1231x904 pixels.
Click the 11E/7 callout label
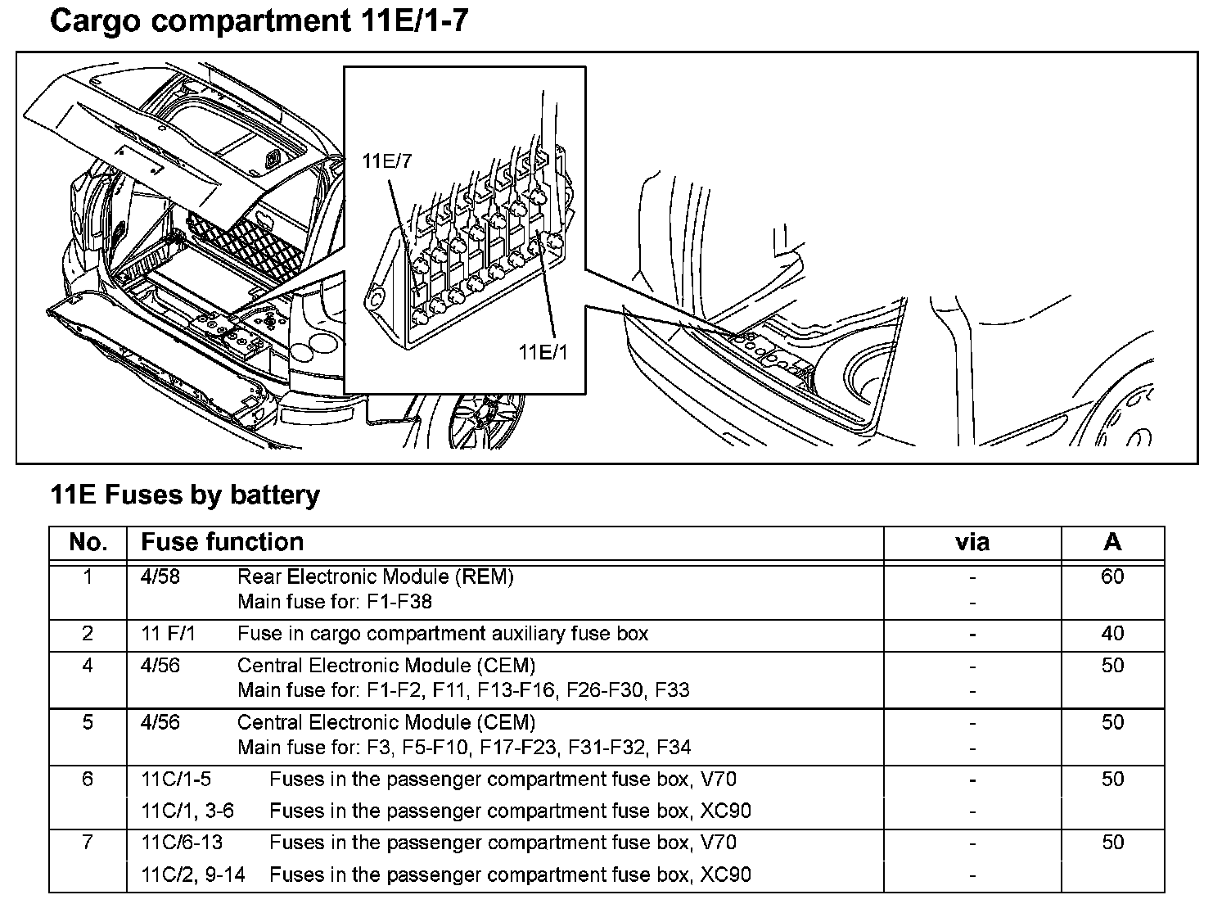point(387,161)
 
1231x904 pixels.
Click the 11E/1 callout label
point(542,352)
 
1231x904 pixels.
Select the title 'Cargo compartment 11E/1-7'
point(259,22)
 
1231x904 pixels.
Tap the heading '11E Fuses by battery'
point(185,495)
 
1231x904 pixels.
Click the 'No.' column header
point(88,542)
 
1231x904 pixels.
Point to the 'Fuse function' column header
point(222,542)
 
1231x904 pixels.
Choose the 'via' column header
point(972,542)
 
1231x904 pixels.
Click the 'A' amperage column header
point(1112,542)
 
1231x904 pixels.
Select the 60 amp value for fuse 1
point(1112,576)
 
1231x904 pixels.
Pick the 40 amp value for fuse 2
point(1112,633)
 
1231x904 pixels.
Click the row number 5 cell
point(88,722)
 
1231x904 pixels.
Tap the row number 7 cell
point(88,842)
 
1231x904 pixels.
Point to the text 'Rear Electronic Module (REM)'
point(376,576)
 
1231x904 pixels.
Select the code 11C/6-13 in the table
point(182,842)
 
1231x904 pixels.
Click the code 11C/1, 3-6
point(187,811)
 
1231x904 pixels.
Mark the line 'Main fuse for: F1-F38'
point(335,602)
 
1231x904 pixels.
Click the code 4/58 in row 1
point(160,576)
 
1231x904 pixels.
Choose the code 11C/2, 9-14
point(193,875)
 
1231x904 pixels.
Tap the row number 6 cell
point(88,779)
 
